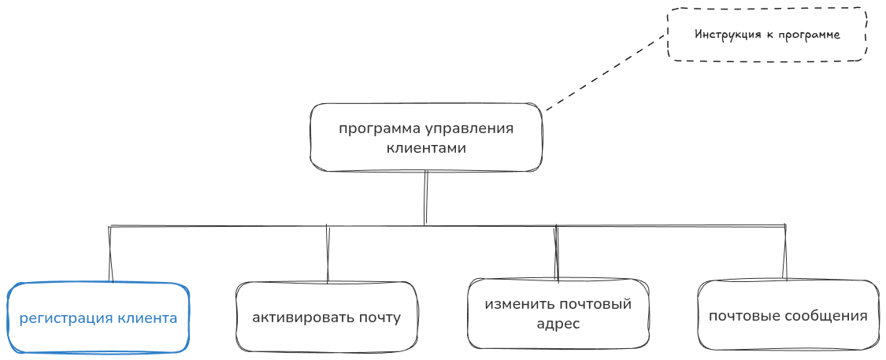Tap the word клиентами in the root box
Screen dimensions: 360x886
(x=426, y=147)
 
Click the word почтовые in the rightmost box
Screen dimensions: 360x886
(x=743, y=317)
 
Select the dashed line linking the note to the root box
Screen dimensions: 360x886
(x=605, y=72)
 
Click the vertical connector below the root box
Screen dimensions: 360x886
(x=425, y=197)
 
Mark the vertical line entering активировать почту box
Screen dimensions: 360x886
(x=327, y=254)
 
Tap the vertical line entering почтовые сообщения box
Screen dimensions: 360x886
(x=784, y=252)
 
